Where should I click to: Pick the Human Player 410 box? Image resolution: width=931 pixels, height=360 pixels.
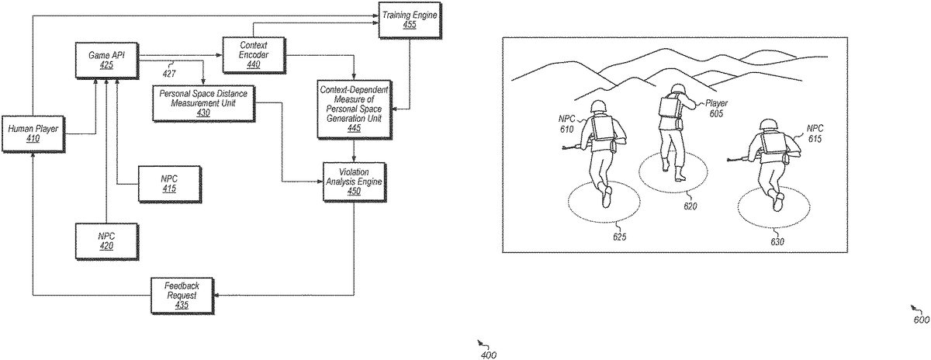pos(33,133)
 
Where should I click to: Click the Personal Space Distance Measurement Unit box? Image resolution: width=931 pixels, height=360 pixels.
pos(202,102)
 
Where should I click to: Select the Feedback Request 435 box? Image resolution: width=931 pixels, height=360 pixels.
pos(182,295)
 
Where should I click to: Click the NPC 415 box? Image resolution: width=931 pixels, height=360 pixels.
pos(168,184)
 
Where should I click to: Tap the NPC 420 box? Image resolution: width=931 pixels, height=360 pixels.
pos(106,241)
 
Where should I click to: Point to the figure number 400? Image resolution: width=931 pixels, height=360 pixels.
pos(489,355)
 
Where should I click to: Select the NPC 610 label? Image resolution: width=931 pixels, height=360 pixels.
pos(566,124)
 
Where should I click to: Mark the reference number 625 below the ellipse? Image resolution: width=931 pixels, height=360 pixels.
pos(619,236)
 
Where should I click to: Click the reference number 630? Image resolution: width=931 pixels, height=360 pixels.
pos(777,241)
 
